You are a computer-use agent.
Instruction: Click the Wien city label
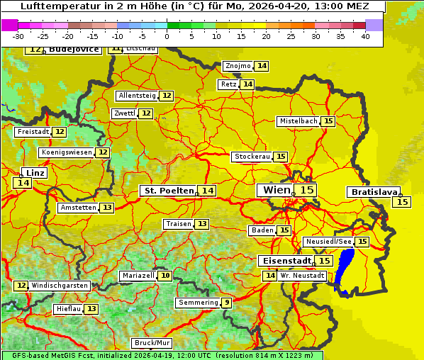click(276, 190)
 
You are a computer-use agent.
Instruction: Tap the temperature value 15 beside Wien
click(306, 190)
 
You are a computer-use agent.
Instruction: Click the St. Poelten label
click(168, 191)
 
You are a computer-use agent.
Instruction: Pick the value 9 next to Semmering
click(226, 303)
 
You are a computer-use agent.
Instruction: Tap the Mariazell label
click(138, 275)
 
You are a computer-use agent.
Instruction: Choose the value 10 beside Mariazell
click(165, 275)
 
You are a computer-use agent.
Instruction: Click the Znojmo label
click(238, 66)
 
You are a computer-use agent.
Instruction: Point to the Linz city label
click(35, 173)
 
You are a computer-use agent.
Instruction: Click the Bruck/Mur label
click(152, 343)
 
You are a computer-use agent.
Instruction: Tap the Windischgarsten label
click(60, 285)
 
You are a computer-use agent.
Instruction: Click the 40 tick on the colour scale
click(365, 36)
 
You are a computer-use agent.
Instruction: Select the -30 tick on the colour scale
click(18, 36)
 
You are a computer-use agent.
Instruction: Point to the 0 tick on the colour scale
click(167, 36)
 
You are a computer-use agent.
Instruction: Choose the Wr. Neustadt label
click(302, 275)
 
